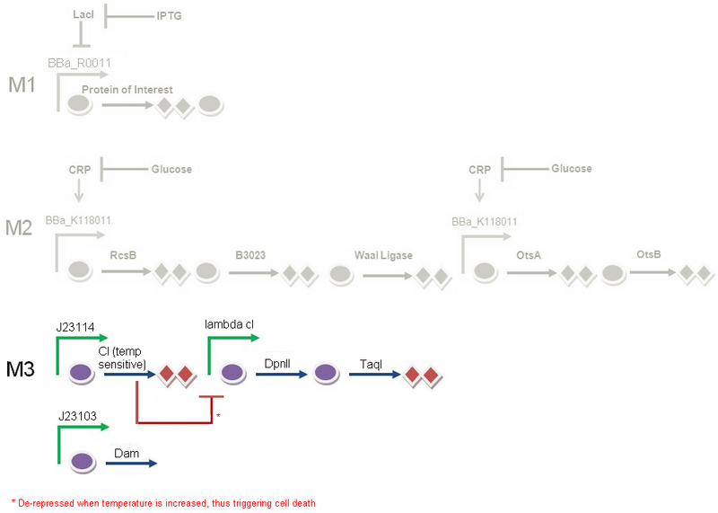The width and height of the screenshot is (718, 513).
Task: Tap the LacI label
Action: tap(83, 16)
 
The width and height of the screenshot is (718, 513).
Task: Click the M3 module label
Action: tap(23, 368)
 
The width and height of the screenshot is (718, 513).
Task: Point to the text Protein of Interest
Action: tap(127, 90)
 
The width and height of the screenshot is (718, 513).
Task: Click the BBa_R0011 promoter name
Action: tap(79, 64)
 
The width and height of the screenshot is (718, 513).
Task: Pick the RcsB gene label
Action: tap(123, 255)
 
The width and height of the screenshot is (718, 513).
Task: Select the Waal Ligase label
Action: tap(383, 255)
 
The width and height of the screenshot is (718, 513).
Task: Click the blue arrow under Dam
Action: tap(134, 464)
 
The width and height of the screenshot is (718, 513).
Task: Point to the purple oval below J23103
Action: tap(83, 463)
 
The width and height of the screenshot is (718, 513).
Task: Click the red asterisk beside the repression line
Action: tap(217, 416)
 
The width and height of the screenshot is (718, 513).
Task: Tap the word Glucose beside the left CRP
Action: tap(171, 169)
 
